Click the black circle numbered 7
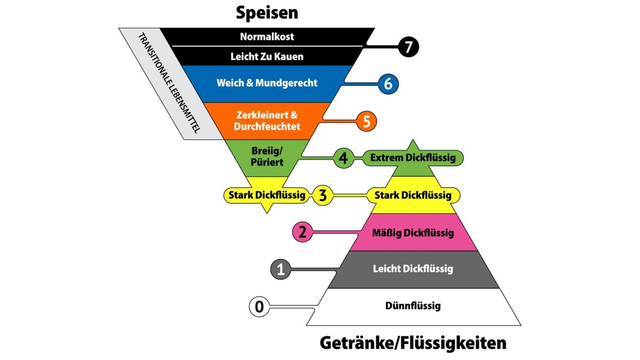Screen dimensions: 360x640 409,47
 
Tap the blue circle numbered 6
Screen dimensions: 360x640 388,84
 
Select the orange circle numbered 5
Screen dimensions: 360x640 366,121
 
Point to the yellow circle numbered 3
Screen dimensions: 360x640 323,195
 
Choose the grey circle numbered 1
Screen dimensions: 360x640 281,269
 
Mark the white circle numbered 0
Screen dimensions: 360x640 259,307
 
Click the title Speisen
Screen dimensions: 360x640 267,13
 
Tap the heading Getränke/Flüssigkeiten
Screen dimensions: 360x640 413,343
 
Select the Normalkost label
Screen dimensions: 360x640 267,37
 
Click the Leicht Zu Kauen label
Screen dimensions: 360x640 267,56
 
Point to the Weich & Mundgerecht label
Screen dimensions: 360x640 267,83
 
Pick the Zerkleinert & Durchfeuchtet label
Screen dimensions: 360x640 267,121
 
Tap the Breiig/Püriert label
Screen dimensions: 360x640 267,156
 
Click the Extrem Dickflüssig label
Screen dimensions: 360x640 412,158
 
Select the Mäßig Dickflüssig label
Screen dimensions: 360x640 413,233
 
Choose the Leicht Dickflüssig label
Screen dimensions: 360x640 413,269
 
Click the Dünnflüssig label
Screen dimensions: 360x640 413,306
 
